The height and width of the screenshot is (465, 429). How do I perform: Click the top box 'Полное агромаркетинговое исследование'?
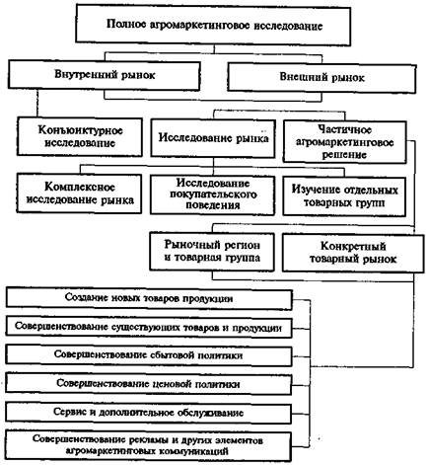213,25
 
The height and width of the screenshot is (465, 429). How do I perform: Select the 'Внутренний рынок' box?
105,75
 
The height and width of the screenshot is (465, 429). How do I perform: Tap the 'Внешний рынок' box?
322,78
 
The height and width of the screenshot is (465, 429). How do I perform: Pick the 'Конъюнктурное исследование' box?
80,136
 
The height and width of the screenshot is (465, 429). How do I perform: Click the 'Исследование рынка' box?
213,138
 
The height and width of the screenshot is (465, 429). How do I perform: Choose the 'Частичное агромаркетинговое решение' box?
344,142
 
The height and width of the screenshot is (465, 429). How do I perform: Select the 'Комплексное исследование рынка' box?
80,194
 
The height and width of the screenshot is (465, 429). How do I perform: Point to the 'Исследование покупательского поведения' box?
213,194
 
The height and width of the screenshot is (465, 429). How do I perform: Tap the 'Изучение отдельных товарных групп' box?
344,196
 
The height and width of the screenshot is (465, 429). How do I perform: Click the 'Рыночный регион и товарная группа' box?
212,252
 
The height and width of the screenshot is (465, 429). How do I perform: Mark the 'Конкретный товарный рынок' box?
353,253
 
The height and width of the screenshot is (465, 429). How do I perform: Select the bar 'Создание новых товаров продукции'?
149,299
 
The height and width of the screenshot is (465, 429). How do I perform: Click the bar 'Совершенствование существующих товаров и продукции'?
149,328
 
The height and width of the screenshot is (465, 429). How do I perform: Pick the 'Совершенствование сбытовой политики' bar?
149,355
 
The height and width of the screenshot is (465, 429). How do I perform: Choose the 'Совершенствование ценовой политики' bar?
149,384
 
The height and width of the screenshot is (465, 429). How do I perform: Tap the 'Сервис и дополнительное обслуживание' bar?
149,413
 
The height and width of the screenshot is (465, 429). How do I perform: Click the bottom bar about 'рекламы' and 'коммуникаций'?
149,445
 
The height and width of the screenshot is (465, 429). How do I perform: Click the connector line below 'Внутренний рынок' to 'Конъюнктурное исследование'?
37,104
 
